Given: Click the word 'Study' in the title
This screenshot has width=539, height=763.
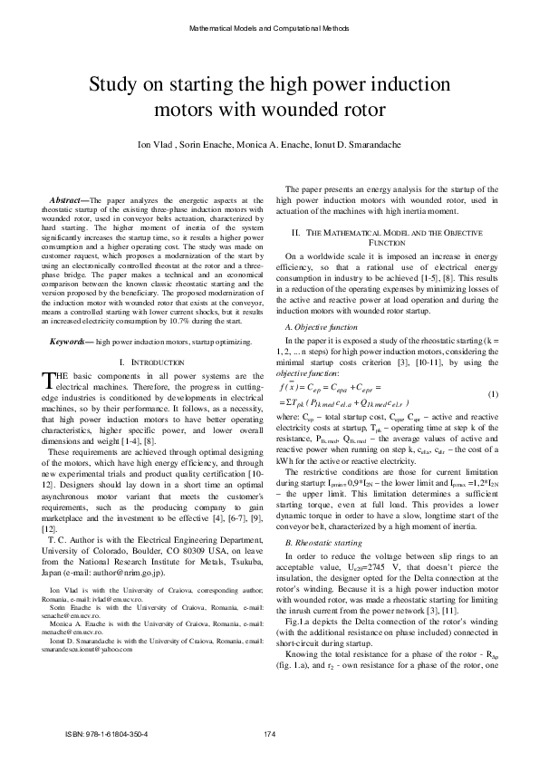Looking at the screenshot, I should click(115, 87).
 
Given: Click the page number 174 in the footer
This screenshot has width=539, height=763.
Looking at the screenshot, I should click(269, 733).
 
